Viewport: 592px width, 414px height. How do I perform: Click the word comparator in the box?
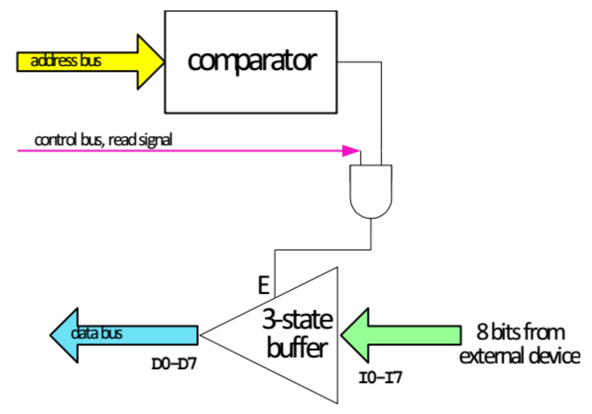[253, 60]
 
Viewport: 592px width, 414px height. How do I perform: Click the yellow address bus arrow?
[90, 62]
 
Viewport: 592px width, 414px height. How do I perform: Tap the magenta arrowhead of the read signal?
[351, 150]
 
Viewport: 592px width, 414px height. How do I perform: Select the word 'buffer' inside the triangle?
[297, 348]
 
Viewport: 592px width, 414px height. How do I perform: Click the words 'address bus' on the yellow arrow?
[66, 62]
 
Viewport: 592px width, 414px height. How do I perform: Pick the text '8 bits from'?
[521, 332]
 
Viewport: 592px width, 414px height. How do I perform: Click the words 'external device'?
[520, 356]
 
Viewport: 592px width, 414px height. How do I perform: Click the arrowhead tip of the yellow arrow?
[163, 62]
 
